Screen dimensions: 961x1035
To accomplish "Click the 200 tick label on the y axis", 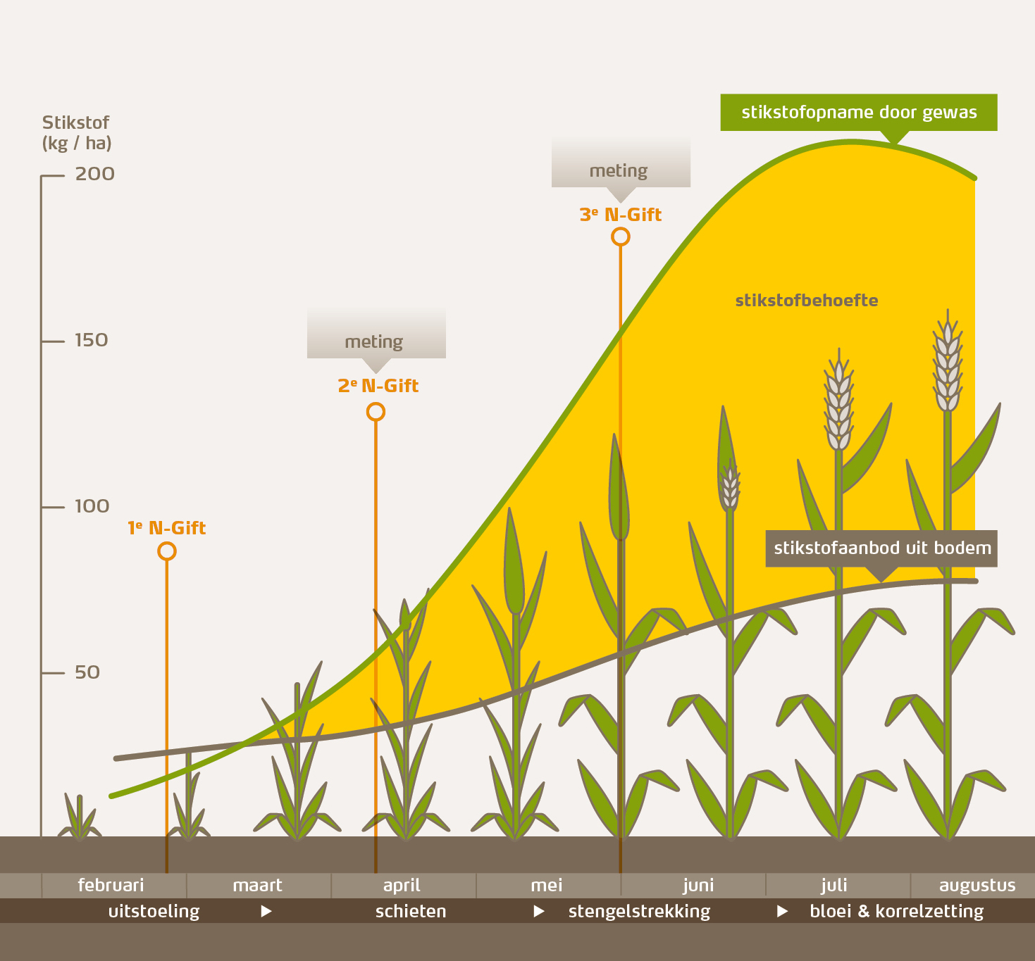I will pyautogui.click(x=94, y=174).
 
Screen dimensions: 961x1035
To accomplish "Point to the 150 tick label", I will pyautogui.click(x=92, y=340).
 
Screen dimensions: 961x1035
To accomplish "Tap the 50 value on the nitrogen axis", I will pyautogui.click(x=87, y=672).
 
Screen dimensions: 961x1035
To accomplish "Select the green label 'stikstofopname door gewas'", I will pyautogui.click(x=858, y=113).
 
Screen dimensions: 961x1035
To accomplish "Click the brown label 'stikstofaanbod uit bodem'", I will pyautogui.click(x=881, y=548).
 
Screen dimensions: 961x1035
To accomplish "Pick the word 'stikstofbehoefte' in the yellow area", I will pyautogui.click(x=806, y=301).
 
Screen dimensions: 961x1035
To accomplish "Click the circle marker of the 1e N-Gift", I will pyautogui.click(x=167, y=551).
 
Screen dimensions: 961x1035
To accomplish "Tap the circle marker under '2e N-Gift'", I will pyautogui.click(x=376, y=412).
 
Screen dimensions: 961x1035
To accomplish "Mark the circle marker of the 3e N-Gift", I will pyautogui.click(x=620, y=237).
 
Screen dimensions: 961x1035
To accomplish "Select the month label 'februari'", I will pyautogui.click(x=111, y=885).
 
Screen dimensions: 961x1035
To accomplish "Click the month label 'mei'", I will pyautogui.click(x=546, y=885).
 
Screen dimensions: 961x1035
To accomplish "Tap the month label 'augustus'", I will pyautogui.click(x=977, y=885).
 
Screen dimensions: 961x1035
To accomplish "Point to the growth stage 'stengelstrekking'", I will pyautogui.click(x=639, y=911).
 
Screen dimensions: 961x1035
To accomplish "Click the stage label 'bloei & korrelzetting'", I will pyautogui.click(x=896, y=911).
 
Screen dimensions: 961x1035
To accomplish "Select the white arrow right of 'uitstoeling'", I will pyautogui.click(x=266, y=911).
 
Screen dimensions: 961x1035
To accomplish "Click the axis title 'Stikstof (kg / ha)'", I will pyautogui.click(x=77, y=133).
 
